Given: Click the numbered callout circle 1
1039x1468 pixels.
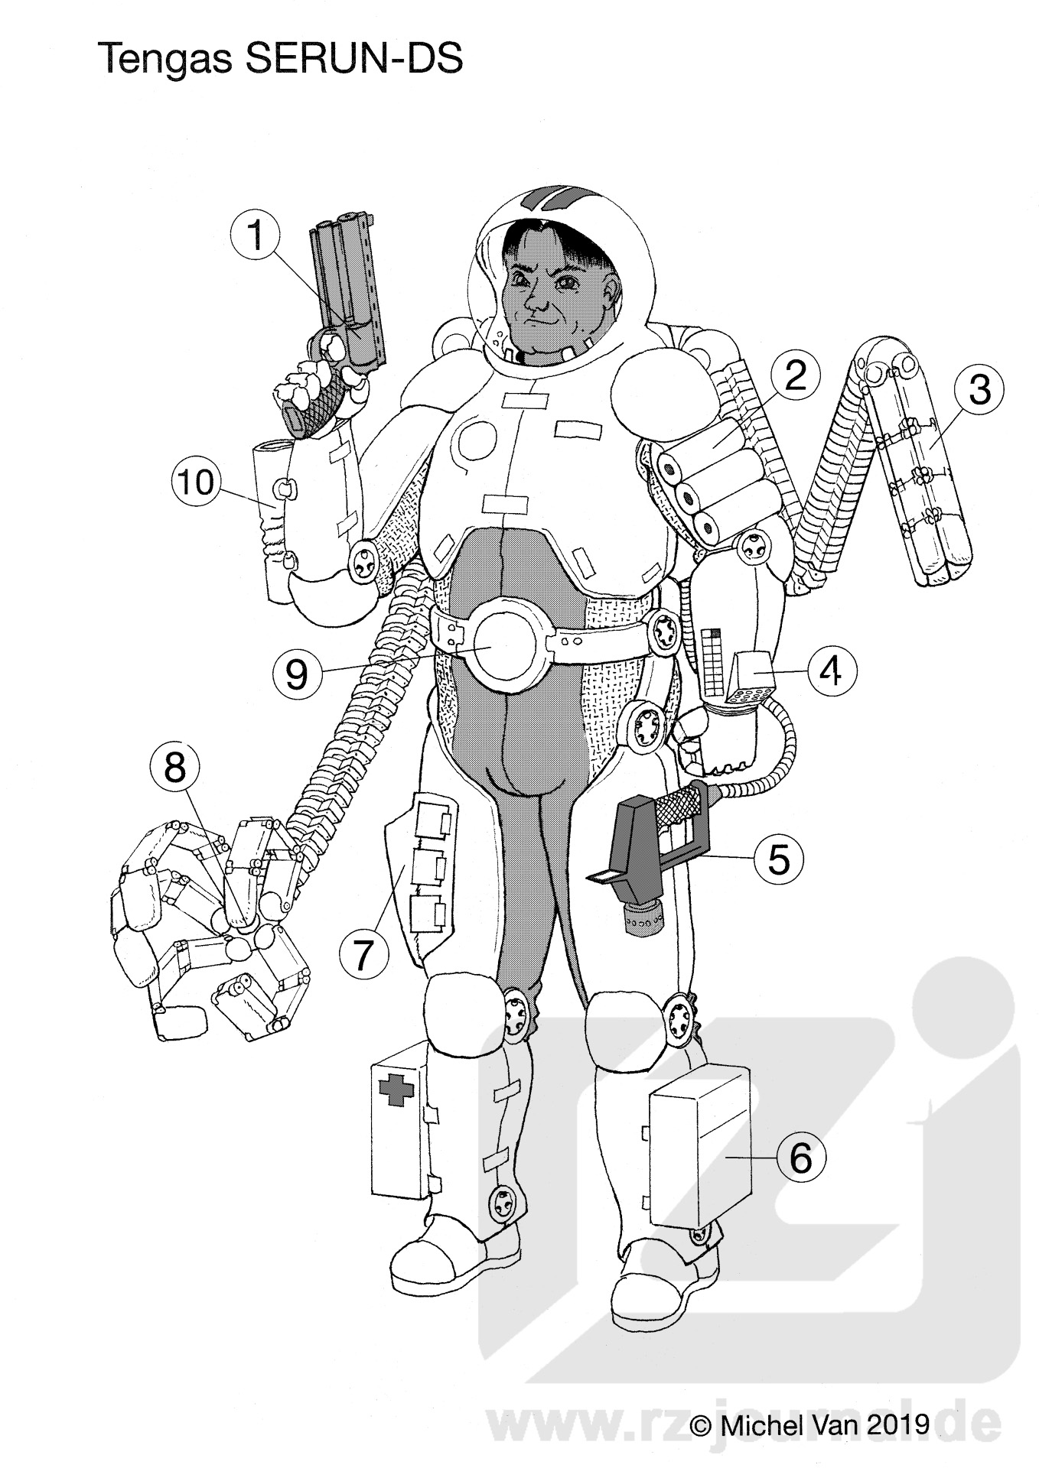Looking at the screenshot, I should (x=256, y=234).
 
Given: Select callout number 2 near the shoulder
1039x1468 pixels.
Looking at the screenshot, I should (x=796, y=375).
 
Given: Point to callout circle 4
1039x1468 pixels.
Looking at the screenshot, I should (x=832, y=671).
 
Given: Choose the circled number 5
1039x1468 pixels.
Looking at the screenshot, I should (x=777, y=858).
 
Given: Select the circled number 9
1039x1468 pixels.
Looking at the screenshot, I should (x=298, y=674).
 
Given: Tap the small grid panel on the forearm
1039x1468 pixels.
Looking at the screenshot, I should (x=711, y=661).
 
